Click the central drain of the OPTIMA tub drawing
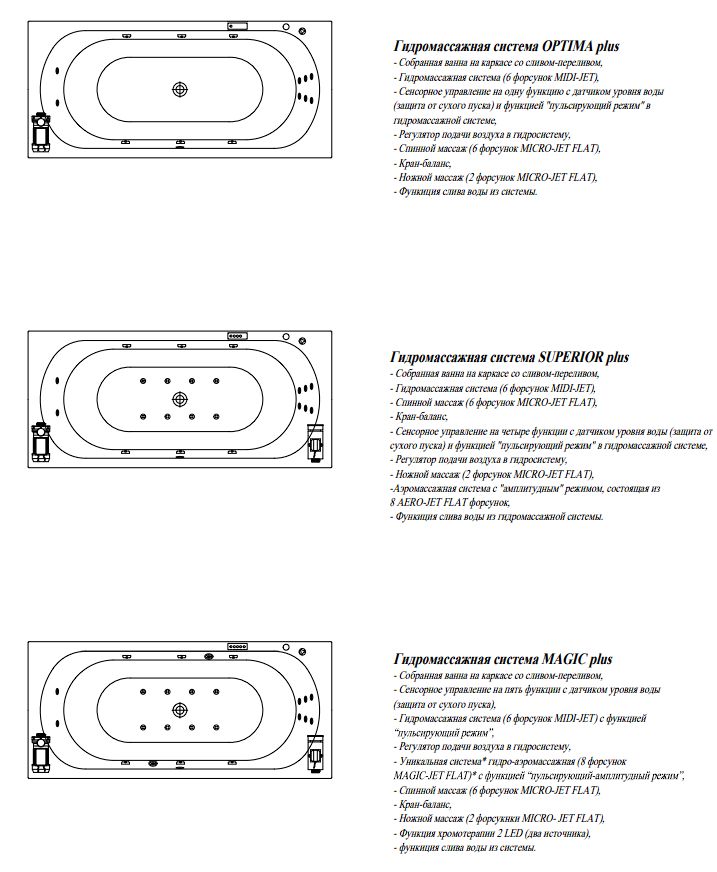coord(180,88)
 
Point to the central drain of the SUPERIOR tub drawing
coord(180,398)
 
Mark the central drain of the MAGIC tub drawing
coord(180,709)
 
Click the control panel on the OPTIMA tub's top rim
coord(238,24)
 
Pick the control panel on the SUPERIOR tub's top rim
coord(238,335)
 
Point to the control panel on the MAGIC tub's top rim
coord(238,646)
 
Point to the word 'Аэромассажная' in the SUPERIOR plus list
coord(422,489)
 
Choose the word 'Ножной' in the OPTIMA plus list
coord(415,177)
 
